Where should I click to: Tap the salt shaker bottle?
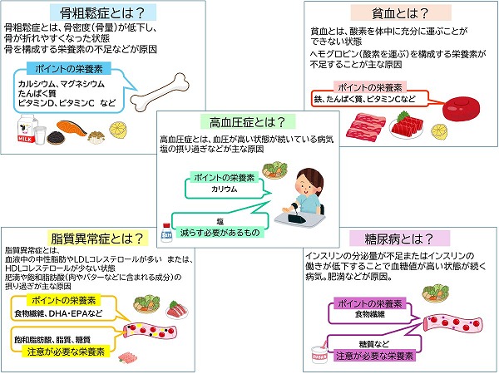(x=167, y=228)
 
